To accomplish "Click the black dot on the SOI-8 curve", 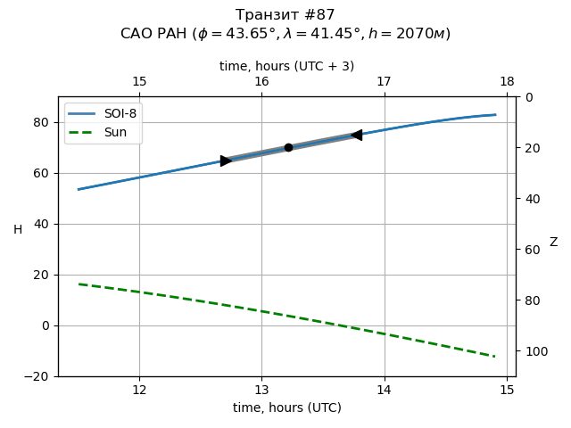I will [x=288, y=147].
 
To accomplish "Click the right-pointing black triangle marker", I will [x=226, y=160].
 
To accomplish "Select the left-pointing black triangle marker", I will [x=356, y=135].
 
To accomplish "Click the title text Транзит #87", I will [x=285, y=15].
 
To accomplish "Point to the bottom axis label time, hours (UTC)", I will [x=286, y=407].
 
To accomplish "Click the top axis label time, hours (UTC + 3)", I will [x=286, y=66].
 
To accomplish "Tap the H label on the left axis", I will [x=18, y=230].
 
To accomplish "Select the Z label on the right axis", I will [x=553, y=243].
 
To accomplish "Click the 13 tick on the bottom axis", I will [x=261, y=391].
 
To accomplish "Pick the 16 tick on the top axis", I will [x=261, y=82].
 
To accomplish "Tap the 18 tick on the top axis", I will [x=507, y=82].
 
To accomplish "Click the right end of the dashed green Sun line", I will [x=494, y=357].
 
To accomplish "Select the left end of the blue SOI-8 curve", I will [x=79, y=189].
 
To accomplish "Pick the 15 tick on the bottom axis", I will [x=507, y=391].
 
